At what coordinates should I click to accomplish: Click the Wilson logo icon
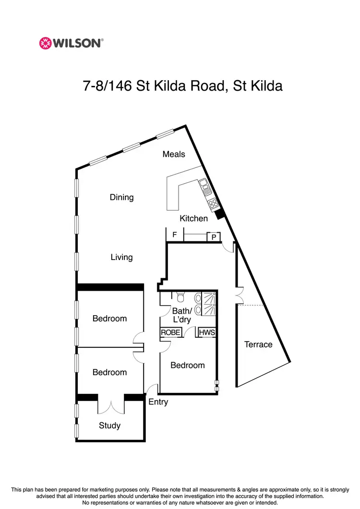(45, 43)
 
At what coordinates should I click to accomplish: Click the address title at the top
(182, 86)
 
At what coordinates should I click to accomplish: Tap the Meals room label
(174, 154)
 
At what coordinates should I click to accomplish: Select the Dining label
(121, 197)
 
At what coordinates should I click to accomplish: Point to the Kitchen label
(194, 218)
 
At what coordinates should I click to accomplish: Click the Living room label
(121, 257)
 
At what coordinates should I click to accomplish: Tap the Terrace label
(258, 344)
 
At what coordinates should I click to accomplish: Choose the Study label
(109, 426)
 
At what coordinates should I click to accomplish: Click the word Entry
(158, 402)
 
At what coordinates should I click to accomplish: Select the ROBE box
(170, 332)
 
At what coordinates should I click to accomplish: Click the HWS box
(206, 332)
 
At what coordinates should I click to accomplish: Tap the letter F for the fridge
(175, 235)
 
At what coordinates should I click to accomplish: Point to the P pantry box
(213, 237)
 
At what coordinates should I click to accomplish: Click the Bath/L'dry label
(182, 315)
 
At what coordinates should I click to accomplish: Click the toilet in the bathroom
(180, 296)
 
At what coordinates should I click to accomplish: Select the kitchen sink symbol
(203, 185)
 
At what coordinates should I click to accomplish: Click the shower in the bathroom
(209, 297)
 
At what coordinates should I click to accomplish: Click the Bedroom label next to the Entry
(188, 365)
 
